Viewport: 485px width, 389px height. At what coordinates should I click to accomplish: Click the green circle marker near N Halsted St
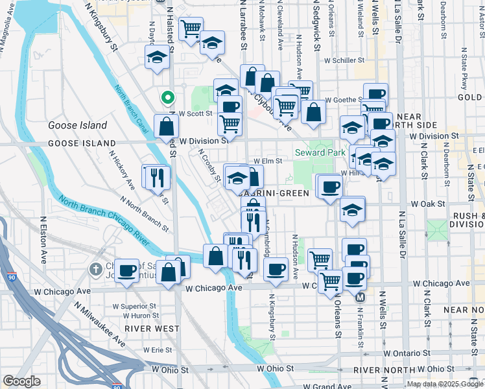coord(167,99)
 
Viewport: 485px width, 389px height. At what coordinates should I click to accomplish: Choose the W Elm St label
coord(268,161)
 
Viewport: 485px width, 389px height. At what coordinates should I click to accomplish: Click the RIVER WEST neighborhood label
coord(152,329)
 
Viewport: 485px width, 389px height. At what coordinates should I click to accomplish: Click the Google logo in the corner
coord(21,381)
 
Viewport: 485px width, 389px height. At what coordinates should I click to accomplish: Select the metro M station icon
coord(361,297)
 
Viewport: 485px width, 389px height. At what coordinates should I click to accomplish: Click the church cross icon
coord(95,268)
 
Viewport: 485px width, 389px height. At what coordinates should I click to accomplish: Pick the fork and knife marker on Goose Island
coord(156,177)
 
